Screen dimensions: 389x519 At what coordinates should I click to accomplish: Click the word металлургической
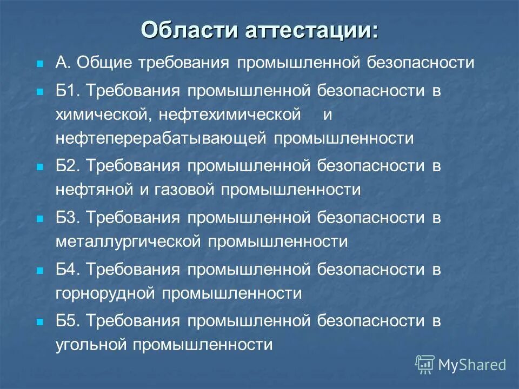(128, 242)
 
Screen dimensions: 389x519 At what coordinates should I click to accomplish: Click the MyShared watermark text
(472, 364)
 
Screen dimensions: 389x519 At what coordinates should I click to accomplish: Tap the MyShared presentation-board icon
(424, 364)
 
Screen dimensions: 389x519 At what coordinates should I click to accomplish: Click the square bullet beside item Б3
(39, 219)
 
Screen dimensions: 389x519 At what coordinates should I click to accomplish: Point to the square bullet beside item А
(39, 64)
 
